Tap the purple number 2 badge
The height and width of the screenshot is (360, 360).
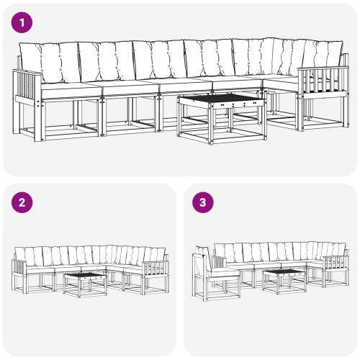tap(24, 202)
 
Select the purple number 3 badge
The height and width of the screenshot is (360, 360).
tap(204, 202)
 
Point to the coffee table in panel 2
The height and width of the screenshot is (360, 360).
tap(85, 282)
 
